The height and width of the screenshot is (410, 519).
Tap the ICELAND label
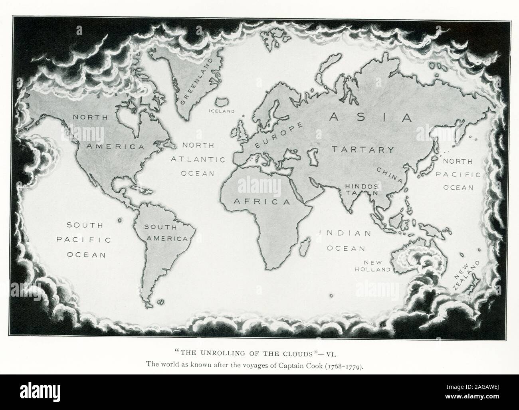(222, 111)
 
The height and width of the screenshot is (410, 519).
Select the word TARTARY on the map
(363, 150)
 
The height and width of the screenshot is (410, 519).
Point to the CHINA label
(389, 175)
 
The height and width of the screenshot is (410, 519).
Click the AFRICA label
(262, 202)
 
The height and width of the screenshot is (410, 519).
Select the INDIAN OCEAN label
(346, 240)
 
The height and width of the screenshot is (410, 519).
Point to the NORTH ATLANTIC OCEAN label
(198, 159)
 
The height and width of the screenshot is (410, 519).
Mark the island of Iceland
(222, 102)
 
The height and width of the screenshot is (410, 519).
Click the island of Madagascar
(306, 244)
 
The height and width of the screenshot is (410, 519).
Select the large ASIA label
(370, 117)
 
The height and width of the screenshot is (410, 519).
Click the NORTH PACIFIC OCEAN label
(458, 174)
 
